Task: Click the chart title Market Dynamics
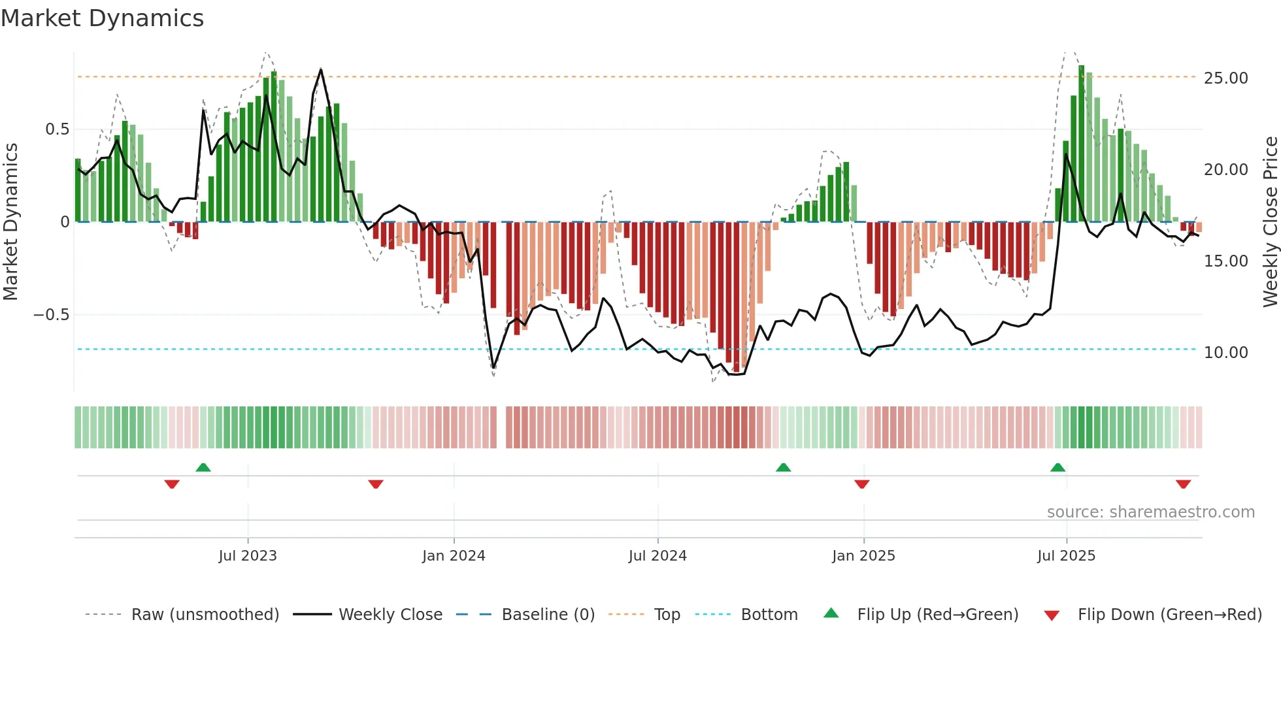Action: coord(102,18)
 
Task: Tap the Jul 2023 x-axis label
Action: coord(248,556)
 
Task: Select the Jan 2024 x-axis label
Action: coord(454,556)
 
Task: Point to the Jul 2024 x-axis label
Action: coord(657,556)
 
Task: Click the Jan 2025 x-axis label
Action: coord(863,556)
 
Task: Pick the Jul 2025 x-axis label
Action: coord(1066,556)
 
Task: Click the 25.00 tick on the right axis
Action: coord(1225,78)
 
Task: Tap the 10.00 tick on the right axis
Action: coord(1225,353)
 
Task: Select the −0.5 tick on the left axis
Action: coord(51,315)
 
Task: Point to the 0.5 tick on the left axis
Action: coord(57,129)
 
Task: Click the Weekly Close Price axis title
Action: coord(1270,222)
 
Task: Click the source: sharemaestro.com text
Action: coord(1150,512)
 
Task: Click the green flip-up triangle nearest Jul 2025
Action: coord(1057,467)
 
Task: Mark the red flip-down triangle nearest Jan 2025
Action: coord(861,484)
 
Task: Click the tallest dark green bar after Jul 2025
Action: coord(1082,144)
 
